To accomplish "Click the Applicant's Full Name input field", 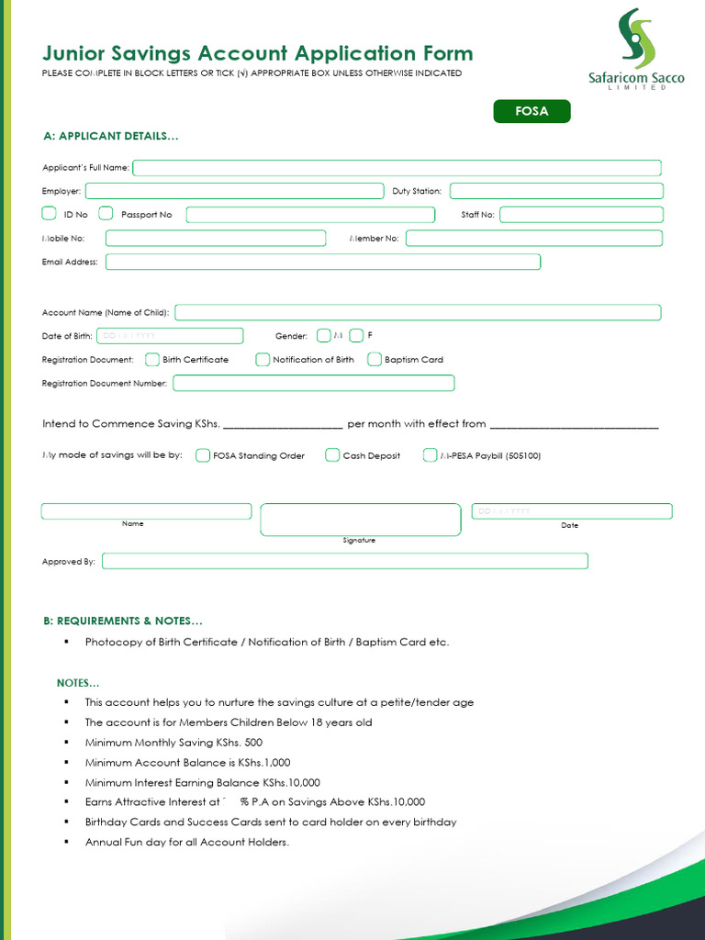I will point(397,168).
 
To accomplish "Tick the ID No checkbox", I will point(50,214).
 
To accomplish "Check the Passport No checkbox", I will point(106,214).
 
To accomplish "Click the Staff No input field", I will point(581,215).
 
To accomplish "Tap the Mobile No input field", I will point(216,239).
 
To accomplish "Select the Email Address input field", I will point(323,262).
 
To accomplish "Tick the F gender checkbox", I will point(356,336).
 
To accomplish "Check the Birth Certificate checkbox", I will point(152,360).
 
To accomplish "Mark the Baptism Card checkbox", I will point(375,360).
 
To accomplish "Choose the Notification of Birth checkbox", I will point(263,360).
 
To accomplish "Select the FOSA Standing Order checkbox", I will point(203,455).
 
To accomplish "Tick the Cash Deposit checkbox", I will point(332,455).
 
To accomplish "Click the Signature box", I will point(360,520).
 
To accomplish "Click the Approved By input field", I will point(344,561).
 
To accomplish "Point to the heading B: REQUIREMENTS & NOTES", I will point(123,621).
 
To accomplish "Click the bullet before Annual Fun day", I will point(67,842).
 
